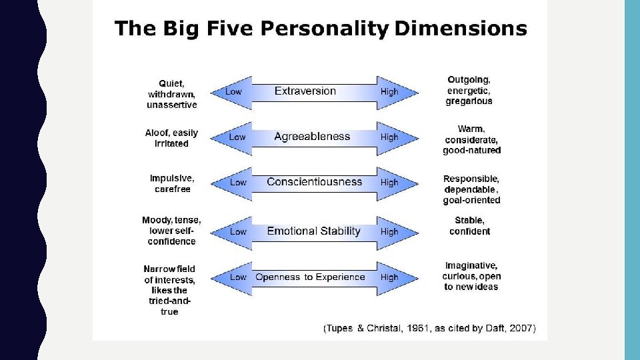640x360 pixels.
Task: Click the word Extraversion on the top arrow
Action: point(305,91)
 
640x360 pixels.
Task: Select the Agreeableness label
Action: point(311,137)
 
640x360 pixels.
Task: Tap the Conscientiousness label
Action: point(314,182)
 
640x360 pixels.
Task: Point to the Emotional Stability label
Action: point(313,231)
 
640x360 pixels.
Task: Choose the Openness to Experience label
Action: point(310,277)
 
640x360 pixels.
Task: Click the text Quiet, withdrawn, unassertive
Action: point(172,94)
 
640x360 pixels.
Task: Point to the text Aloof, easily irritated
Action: point(171,138)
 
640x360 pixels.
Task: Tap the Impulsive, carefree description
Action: point(172,183)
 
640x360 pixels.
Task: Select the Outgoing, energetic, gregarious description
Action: point(469,91)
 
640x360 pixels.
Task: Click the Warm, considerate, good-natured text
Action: point(471,139)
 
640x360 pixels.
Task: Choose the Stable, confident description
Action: point(469,225)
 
